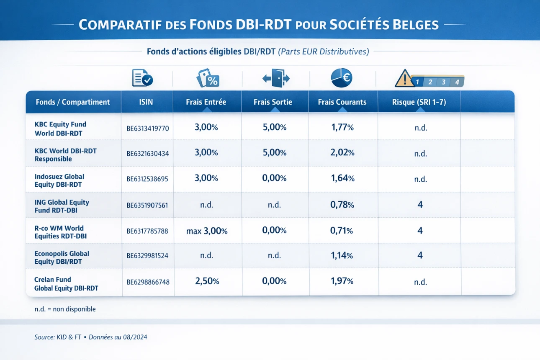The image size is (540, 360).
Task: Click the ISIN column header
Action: pyautogui.click(x=147, y=102)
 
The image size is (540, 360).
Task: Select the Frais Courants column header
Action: pyautogui.click(x=342, y=102)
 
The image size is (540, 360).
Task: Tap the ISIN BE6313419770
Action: pyautogui.click(x=148, y=129)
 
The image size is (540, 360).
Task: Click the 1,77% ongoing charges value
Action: pyautogui.click(x=342, y=128)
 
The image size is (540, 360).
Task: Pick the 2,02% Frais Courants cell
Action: pyautogui.click(x=342, y=153)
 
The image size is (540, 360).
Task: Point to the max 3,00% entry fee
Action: pyautogui.click(x=207, y=231)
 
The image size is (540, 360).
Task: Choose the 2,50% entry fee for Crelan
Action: pyautogui.click(x=207, y=281)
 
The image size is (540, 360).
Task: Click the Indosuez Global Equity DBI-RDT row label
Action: pyautogui.click(x=59, y=180)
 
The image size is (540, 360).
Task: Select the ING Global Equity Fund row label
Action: pyautogui.click(x=62, y=206)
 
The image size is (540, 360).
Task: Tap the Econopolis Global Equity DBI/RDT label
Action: pyautogui.click(x=62, y=257)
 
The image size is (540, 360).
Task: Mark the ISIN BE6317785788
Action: pyautogui.click(x=147, y=231)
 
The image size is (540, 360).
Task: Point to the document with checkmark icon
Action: pyautogui.click(x=142, y=78)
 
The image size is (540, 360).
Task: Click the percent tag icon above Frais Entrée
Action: pyautogui.click(x=208, y=78)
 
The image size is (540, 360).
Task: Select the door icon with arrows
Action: pyautogui.click(x=276, y=78)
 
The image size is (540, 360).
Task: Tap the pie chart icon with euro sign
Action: pyautogui.click(x=342, y=77)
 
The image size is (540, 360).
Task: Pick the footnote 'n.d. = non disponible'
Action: pyautogui.click(x=65, y=309)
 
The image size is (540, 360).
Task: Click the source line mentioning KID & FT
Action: pyautogui.click(x=90, y=337)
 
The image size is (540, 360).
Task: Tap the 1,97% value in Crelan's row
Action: pyautogui.click(x=342, y=281)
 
